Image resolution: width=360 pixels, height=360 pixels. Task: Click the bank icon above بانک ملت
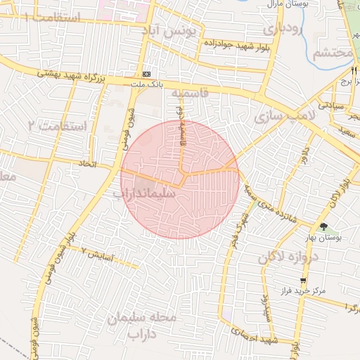pyautogui.click(x=146, y=74)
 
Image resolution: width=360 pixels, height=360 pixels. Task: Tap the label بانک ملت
pyautogui.click(x=146, y=84)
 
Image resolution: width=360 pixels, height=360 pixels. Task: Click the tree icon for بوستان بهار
pyautogui.click(x=323, y=226)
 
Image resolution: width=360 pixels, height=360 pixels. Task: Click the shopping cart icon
pyautogui.click(x=303, y=280)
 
